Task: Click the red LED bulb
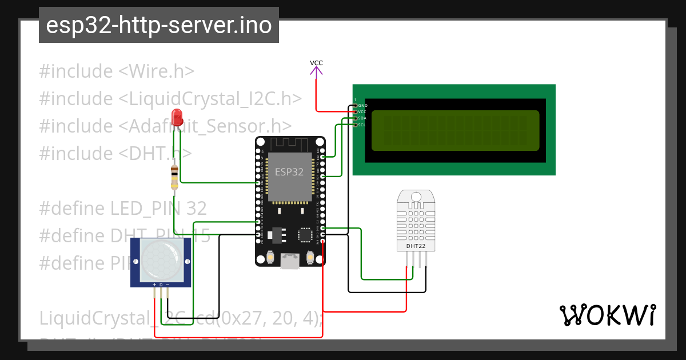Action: (x=177, y=116)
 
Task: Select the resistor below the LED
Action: (x=174, y=177)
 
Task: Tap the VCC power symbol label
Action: (x=316, y=63)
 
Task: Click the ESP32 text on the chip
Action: (x=289, y=172)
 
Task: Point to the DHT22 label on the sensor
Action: (x=416, y=246)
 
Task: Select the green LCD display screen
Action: (x=455, y=130)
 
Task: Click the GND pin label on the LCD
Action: (x=362, y=106)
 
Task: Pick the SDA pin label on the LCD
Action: (x=362, y=118)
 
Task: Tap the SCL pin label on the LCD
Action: (x=362, y=125)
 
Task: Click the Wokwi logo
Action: (x=608, y=315)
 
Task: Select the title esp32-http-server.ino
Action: (x=158, y=26)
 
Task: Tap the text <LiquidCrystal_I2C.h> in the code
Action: (x=210, y=99)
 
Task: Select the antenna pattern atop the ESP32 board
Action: (x=289, y=145)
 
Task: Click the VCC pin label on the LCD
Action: (x=362, y=112)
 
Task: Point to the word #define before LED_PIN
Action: (x=71, y=209)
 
